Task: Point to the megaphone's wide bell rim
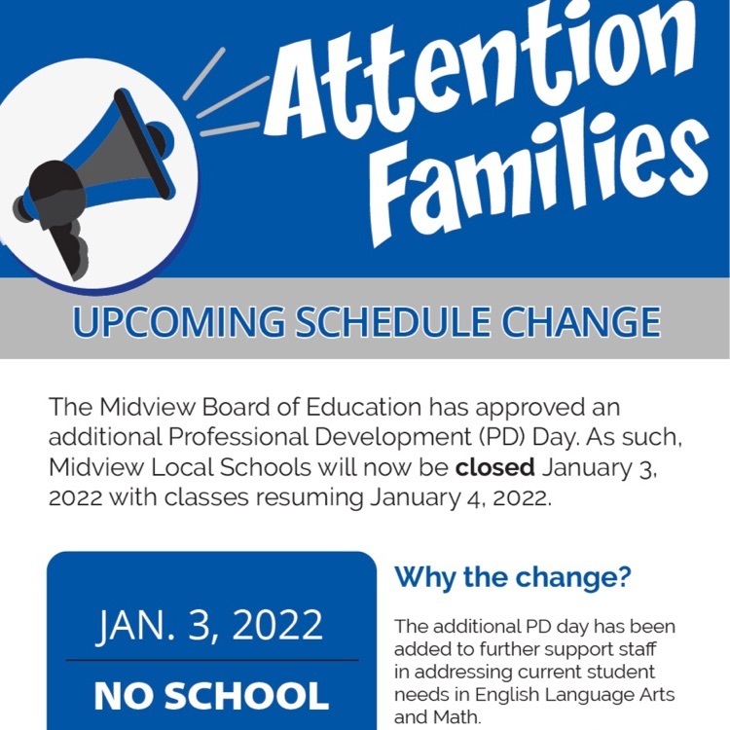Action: point(144,144)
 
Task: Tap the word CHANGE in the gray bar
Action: point(581,322)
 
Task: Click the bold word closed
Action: point(494,467)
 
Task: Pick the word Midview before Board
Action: point(147,407)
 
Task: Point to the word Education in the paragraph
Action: point(364,407)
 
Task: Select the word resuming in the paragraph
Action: point(310,498)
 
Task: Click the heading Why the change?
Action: point(513,578)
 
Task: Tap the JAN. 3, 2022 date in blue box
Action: point(209,625)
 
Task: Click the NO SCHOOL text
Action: point(211,696)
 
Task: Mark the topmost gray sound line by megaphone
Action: point(204,74)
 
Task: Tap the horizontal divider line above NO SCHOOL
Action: point(212,660)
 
